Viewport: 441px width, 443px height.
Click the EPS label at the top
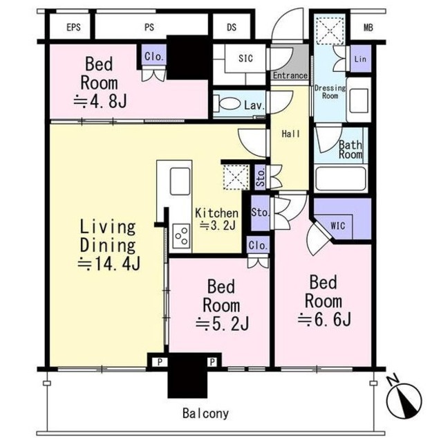pyautogui.click(x=74, y=28)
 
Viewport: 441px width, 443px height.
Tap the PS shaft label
pyautogui.click(x=149, y=28)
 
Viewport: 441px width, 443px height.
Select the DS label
pyautogui.click(x=232, y=28)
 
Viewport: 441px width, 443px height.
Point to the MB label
pyautogui.click(x=368, y=28)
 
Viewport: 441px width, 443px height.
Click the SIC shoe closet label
pyautogui.click(x=245, y=58)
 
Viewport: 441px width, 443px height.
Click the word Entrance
pyautogui.click(x=290, y=75)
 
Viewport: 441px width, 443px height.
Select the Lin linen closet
pyautogui.click(x=361, y=59)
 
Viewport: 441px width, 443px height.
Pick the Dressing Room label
pyautogui.click(x=330, y=92)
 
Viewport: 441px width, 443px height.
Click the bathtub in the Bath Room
pyautogui.click(x=341, y=179)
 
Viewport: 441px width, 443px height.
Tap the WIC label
pyautogui.click(x=338, y=226)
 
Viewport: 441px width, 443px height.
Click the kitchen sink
pyautogui.click(x=180, y=181)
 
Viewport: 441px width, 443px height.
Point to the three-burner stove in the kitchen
pyautogui.click(x=181, y=236)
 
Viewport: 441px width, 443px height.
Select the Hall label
pyautogui.click(x=291, y=134)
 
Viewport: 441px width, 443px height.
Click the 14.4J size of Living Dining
pyautogui.click(x=109, y=264)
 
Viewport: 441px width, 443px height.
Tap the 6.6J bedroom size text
pyautogui.click(x=324, y=320)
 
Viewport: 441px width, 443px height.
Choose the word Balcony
pyautogui.click(x=205, y=413)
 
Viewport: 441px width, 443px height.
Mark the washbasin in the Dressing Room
pyautogui.click(x=359, y=100)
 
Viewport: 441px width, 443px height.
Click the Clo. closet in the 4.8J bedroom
pyautogui.click(x=153, y=56)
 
